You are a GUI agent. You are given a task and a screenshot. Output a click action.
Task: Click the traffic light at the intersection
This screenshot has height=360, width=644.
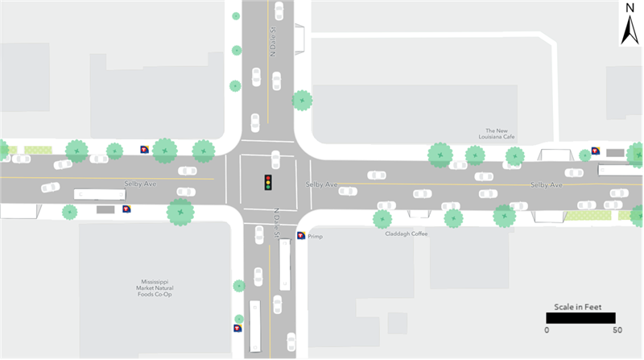point(269,183)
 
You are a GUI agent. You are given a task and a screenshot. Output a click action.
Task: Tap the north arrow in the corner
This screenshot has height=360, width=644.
point(630,32)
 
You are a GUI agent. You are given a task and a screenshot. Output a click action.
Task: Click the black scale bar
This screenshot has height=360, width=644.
point(580,318)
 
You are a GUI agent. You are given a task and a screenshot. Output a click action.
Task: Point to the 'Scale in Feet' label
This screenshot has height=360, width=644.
point(580,306)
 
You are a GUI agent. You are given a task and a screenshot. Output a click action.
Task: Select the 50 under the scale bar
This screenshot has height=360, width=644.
point(617,330)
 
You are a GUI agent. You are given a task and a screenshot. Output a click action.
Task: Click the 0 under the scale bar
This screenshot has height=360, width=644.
point(547,330)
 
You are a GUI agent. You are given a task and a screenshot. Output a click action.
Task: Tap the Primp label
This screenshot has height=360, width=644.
point(315,237)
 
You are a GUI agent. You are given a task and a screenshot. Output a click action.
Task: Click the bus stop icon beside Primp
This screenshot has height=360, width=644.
point(301,236)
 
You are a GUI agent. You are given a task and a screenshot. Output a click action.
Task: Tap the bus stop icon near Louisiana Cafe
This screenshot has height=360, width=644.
point(596,151)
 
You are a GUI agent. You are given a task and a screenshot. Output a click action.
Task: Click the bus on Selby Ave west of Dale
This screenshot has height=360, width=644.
point(99,194)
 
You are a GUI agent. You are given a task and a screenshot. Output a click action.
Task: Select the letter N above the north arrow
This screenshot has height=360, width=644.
point(630,8)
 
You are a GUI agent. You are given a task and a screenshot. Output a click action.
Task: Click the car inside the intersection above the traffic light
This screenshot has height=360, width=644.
point(275,156)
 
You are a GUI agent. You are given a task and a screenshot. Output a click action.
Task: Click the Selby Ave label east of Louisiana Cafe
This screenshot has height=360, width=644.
point(545,185)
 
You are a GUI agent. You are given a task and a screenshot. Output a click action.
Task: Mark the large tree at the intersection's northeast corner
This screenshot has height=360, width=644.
point(302,101)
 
